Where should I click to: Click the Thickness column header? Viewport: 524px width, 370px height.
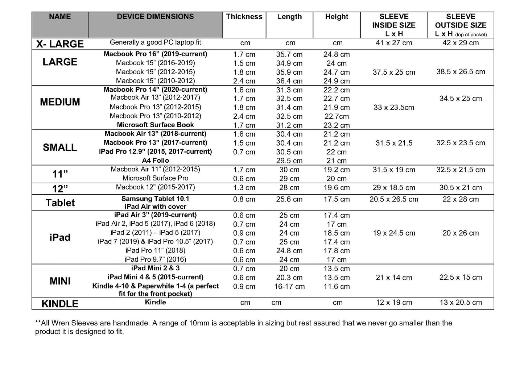click(244, 17)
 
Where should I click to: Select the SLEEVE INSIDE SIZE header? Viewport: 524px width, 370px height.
click(394, 25)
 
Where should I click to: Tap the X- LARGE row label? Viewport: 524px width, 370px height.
click(60, 44)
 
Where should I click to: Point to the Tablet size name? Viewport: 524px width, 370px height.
click(60, 203)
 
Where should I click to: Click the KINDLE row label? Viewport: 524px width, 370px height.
click(60, 304)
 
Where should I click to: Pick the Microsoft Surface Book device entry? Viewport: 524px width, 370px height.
click(155, 125)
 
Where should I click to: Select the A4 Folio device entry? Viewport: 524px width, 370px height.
click(155, 160)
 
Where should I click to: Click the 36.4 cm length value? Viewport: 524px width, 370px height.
click(289, 81)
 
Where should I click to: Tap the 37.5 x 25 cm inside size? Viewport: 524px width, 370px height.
click(394, 72)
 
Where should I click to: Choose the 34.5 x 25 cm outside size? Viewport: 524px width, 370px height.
click(461, 99)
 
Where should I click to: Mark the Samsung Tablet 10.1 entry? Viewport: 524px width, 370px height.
click(155, 199)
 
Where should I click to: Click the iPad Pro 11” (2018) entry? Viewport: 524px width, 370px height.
click(155, 250)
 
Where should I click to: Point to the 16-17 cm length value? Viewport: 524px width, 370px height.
click(289, 286)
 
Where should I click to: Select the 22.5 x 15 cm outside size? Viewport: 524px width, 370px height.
click(461, 277)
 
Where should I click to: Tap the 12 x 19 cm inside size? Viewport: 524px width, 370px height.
click(394, 302)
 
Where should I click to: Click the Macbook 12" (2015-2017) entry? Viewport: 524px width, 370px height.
click(155, 187)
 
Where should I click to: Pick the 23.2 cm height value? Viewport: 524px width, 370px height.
click(337, 125)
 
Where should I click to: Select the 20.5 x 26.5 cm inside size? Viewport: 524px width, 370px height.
click(394, 199)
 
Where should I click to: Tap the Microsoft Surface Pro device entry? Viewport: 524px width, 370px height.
click(155, 178)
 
